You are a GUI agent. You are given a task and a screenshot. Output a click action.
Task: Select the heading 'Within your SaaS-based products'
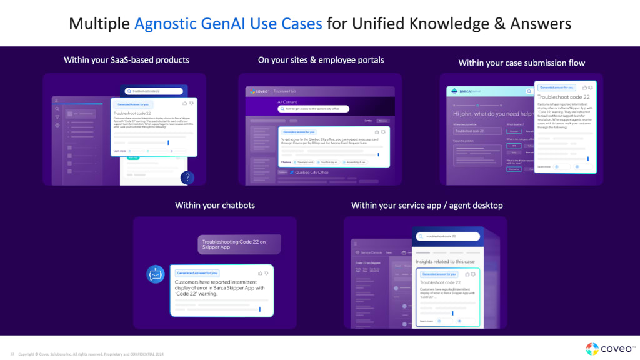click(x=126, y=60)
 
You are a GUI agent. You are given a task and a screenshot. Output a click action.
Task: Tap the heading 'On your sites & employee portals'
click(x=321, y=60)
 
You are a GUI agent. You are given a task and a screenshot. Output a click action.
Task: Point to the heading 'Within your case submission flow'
click(x=521, y=62)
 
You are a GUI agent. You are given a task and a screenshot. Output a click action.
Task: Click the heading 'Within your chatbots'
click(x=215, y=205)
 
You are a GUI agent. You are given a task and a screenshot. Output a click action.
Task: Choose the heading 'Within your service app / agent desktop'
click(x=427, y=205)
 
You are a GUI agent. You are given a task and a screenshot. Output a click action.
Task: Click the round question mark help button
click(x=186, y=178)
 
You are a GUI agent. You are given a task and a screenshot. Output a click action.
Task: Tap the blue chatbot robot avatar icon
click(x=155, y=274)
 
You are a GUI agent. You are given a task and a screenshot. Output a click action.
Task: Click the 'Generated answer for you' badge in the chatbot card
click(x=197, y=273)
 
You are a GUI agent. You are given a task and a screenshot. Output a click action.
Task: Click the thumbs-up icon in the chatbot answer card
click(x=259, y=273)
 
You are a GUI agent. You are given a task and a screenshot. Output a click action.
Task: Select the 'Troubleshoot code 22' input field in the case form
click(x=477, y=131)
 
